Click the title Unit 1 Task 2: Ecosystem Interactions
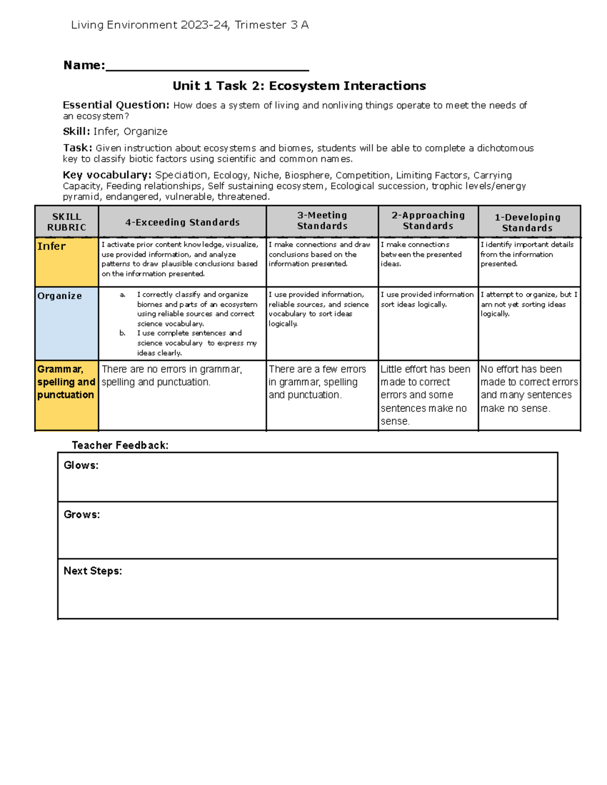click(x=299, y=86)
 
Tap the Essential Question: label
click(x=116, y=105)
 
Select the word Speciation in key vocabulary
click(x=181, y=175)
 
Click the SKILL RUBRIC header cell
click(x=67, y=222)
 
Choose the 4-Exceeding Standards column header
click(x=183, y=222)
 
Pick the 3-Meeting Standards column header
click(x=322, y=221)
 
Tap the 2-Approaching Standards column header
click(x=428, y=221)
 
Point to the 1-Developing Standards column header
click(x=528, y=222)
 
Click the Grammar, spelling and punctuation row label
click(x=66, y=382)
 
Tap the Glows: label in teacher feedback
click(x=81, y=466)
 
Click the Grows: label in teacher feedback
click(x=81, y=515)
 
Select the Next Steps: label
click(x=93, y=571)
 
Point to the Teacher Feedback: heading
click(x=120, y=445)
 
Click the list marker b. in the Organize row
click(x=122, y=333)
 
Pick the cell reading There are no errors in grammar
click(x=172, y=376)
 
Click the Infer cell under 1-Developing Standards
click(x=527, y=254)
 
